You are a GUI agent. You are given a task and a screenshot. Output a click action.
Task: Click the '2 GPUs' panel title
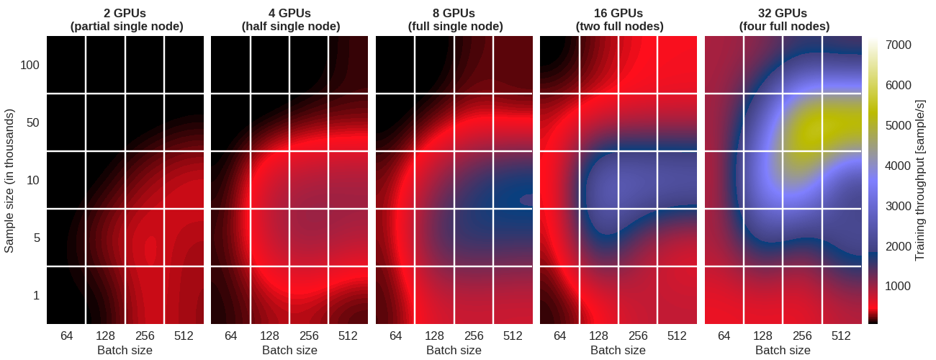pyautogui.click(x=126, y=13)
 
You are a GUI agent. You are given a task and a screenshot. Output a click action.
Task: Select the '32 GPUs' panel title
pyautogui.click(x=783, y=13)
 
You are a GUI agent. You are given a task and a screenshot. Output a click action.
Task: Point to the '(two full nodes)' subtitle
pyautogui.click(x=619, y=26)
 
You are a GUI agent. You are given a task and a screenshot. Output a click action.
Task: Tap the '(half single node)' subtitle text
pyautogui.click(x=290, y=26)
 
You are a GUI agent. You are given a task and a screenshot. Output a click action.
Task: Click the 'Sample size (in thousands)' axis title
pyautogui.click(x=9, y=181)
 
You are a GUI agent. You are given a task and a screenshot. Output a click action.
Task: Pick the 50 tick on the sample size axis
pyautogui.click(x=32, y=123)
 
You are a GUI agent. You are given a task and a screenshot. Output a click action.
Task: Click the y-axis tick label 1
pyautogui.click(x=35, y=296)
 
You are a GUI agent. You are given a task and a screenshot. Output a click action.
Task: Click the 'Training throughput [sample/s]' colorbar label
pyautogui.click(x=919, y=181)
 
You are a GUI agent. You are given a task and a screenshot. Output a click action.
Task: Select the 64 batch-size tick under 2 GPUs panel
pyautogui.click(x=66, y=336)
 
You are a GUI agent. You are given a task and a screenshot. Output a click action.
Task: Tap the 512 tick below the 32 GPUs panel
pyautogui.click(x=841, y=336)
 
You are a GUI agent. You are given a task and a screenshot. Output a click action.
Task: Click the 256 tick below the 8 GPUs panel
pyautogui.click(x=474, y=336)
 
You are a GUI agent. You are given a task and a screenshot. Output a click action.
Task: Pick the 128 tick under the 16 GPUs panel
pyautogui.click(x=599, y=336)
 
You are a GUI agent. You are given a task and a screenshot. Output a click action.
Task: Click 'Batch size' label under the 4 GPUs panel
pyautogui.click(x=289, y=350)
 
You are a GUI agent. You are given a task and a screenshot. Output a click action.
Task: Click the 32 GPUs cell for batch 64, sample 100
pyautogui.click(x=724, y=65)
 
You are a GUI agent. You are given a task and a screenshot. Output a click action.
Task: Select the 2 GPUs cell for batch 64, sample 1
pyautogui.click(x=66, y=296)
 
